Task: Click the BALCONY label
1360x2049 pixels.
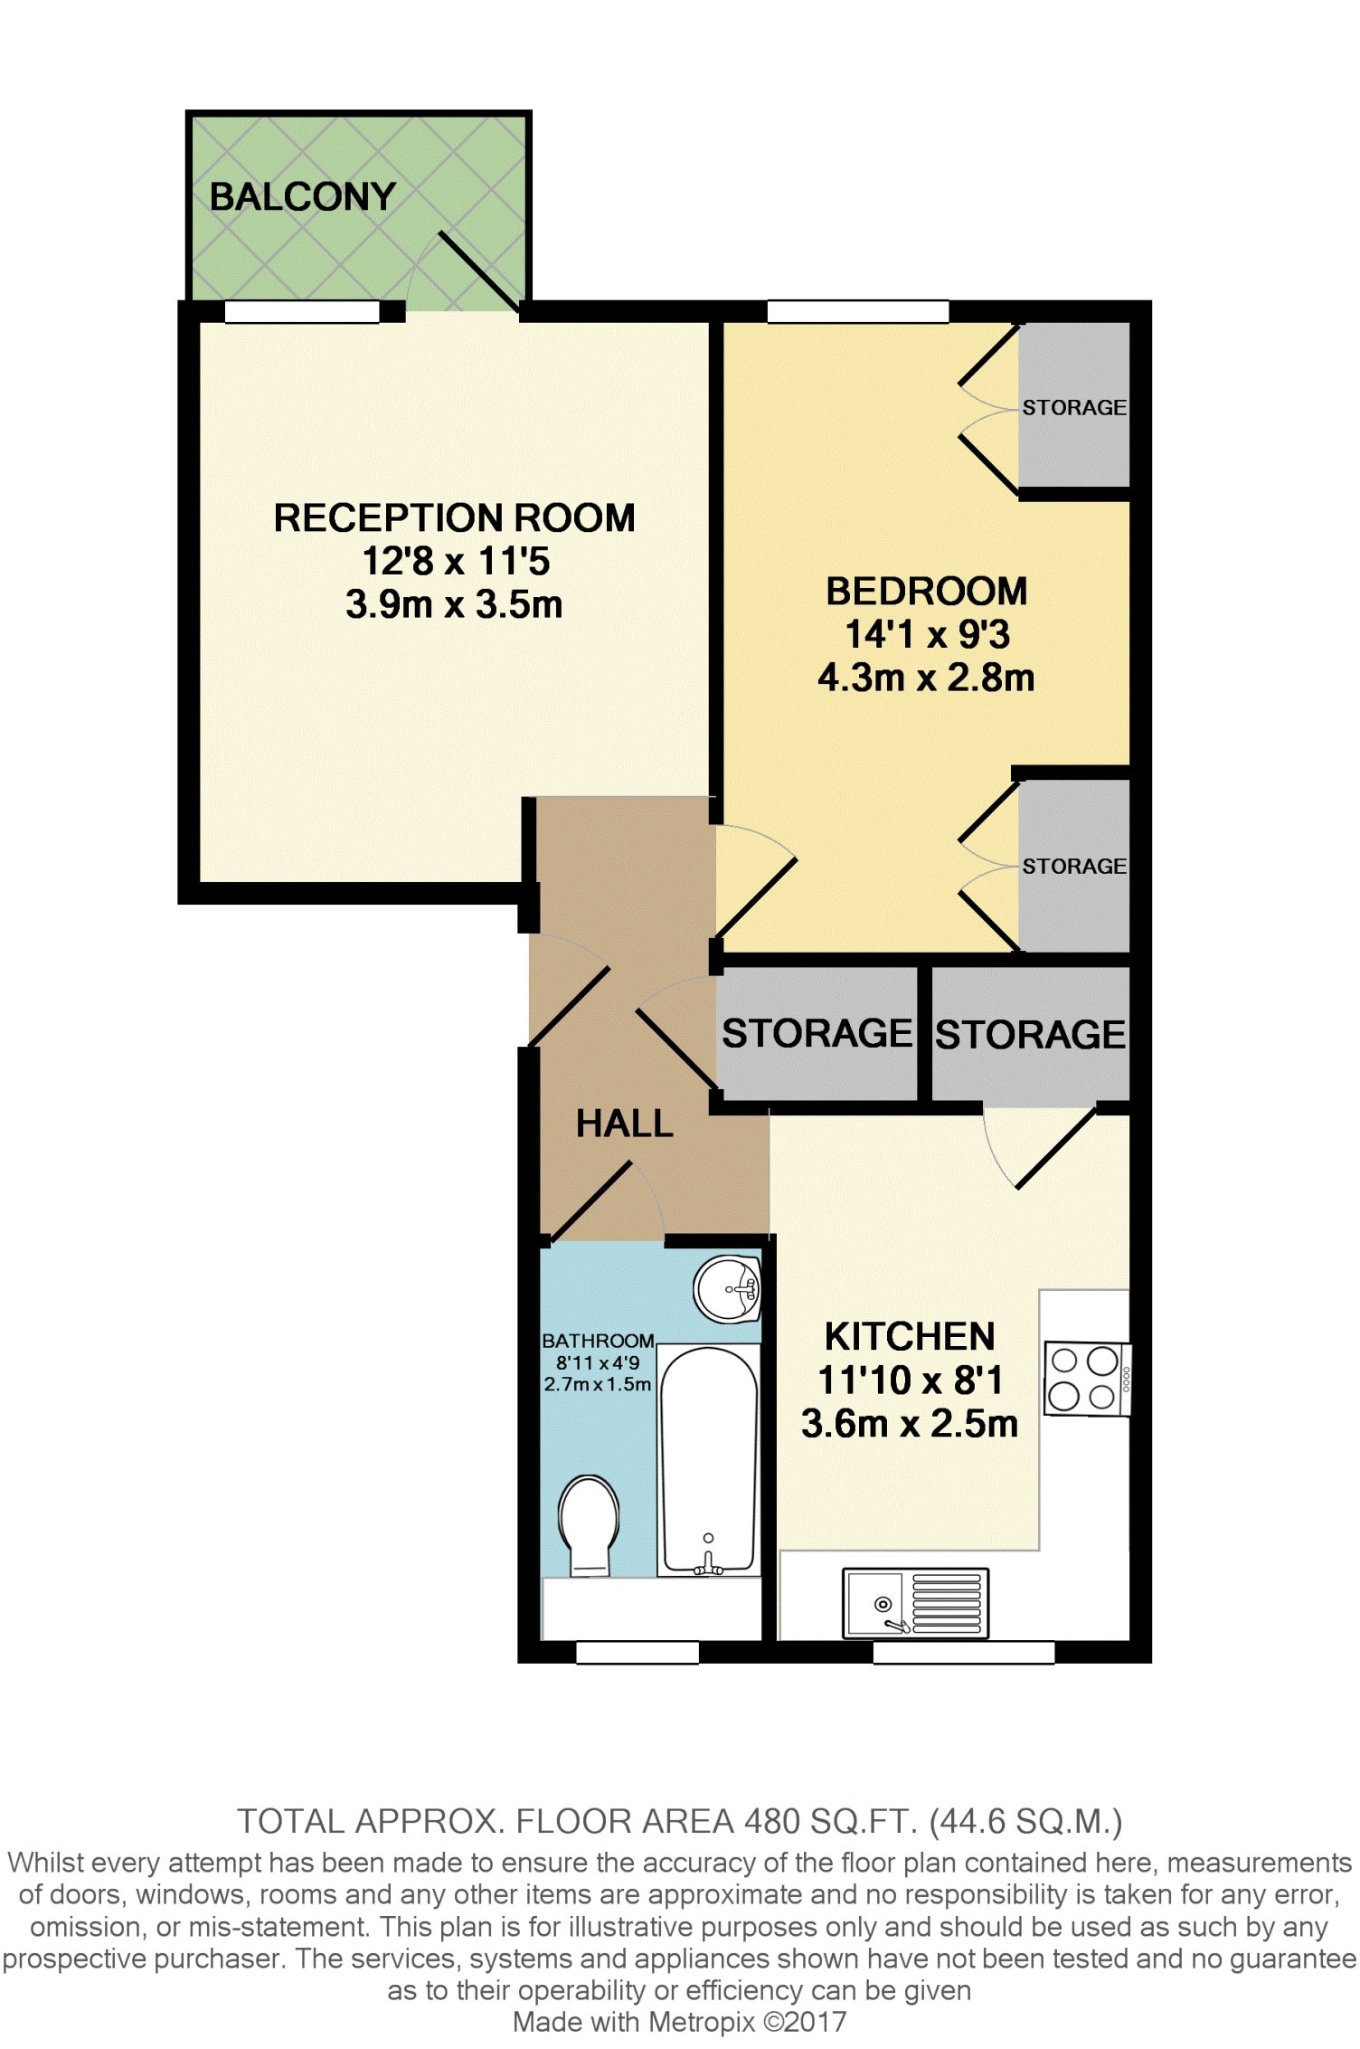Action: coord(303,196)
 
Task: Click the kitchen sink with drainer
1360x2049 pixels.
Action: coord(915,1603)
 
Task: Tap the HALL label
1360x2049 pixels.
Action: coord(625,1124)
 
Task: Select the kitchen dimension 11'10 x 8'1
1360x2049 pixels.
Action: coord(910,1380)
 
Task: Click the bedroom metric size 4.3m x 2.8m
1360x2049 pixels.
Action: coord(926,678)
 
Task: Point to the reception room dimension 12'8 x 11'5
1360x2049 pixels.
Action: coord(456,561)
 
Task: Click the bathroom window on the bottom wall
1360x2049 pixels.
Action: coord(637,1652)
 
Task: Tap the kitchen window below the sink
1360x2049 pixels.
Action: coord(964,1652)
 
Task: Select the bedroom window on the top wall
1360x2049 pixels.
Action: coord(858,312)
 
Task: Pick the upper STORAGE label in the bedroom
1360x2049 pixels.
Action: coord(1074,408)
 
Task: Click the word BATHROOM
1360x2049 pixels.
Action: coord(598,1341)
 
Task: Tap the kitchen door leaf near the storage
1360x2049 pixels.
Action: coord(1055,1147)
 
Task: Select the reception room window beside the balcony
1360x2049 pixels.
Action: coord(302,312)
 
